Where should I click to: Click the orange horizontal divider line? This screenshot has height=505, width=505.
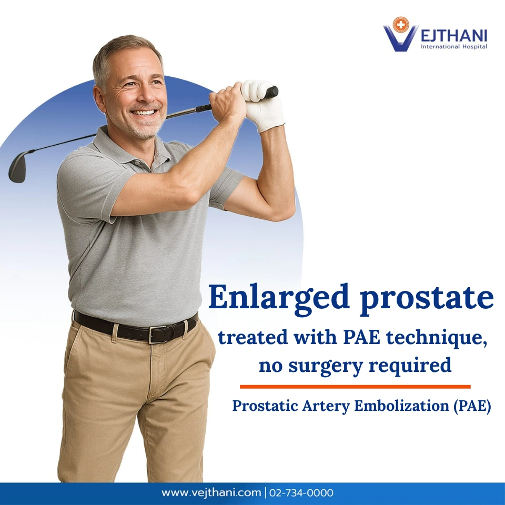point(355,387)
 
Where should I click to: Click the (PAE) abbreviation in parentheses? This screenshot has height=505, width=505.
point(471,407)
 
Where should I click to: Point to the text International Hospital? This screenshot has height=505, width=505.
point(454,47)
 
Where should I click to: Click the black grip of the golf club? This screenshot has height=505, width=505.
point(271,93)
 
